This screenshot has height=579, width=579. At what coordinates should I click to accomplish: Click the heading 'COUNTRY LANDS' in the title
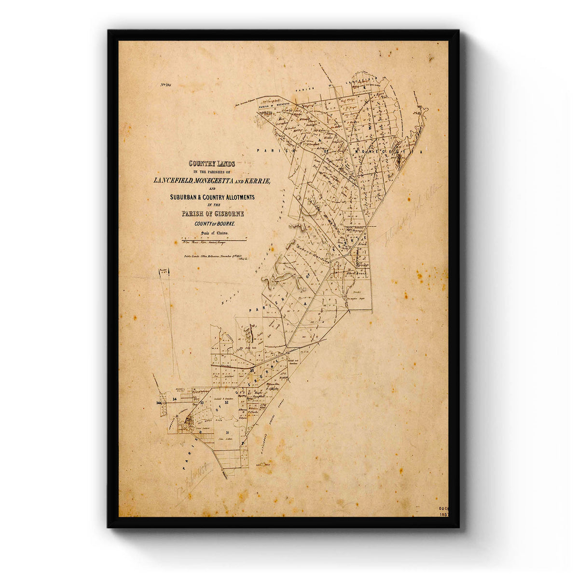click(x=212, y=164)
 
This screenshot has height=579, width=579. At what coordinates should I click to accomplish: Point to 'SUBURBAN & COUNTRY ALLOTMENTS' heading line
click(x=212, y=197)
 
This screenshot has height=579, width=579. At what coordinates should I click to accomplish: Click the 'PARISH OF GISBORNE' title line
click(x=213, y=214)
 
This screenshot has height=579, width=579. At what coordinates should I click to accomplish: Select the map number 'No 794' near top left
click(x=166, y=85)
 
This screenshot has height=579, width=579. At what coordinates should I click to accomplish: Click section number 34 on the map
click(x=175, y=400)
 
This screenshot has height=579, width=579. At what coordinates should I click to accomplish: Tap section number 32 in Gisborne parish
click(x=226, y=415)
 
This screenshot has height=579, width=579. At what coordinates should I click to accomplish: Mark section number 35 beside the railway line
click(x=252, y=370)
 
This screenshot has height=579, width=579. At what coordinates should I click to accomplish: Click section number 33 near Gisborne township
click(x=202, y=402)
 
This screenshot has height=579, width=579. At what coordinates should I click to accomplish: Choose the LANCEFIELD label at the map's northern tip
click(x=365, y=78)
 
